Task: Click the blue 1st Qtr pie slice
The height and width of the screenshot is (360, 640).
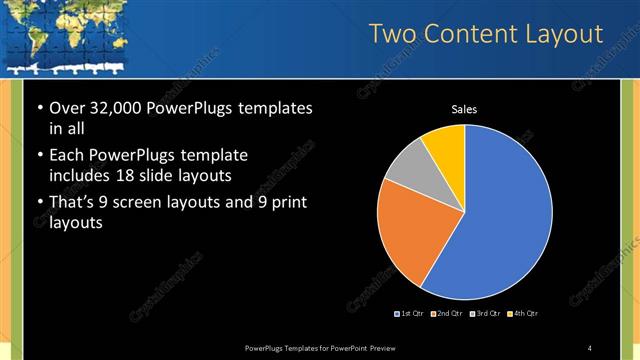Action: click(x=505, y=215)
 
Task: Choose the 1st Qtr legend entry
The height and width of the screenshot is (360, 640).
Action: click(x=409, y=314)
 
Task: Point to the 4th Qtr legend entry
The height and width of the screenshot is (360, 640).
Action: click(x=523, y=314)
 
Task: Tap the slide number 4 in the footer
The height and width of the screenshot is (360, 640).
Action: click(x=590, y=347)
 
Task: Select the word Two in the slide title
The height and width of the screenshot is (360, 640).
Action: click(x=392, y=35)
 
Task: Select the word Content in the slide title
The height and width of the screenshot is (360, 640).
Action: click(x=468, y=35)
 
